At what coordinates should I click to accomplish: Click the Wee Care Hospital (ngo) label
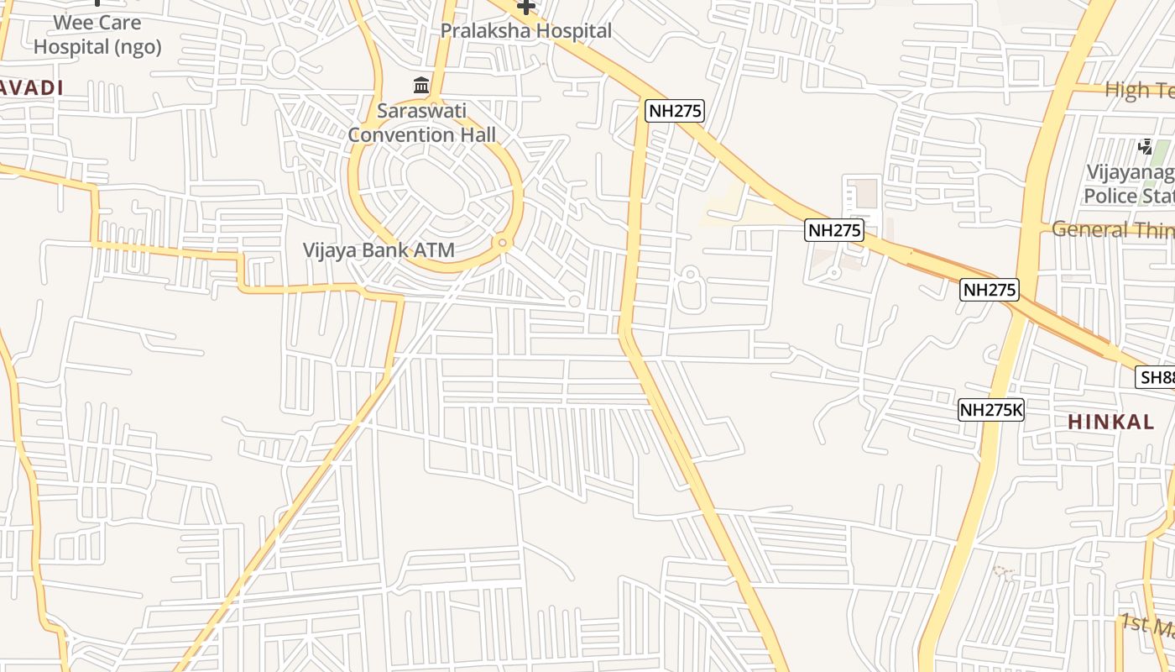(x=97, y=34)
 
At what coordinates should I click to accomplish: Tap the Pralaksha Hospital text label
(x=526, y=31)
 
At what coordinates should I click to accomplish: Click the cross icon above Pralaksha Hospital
(x=526, y=7)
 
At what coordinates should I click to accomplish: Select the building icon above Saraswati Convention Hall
(x=421, y=85)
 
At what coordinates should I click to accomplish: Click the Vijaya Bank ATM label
(x=379, y=249)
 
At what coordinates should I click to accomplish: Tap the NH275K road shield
(x=991, y=410)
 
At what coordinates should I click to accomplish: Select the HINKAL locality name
(x=1110, y=423)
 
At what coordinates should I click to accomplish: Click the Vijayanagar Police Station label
(x=1130, y=184)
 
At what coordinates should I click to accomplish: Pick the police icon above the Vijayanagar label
(x=1146, y=147)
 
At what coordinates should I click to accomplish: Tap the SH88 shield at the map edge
(x=1156, y=377)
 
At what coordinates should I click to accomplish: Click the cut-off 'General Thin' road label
(x=1112, y=228)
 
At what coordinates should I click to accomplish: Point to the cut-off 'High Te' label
(x=1139, y=89)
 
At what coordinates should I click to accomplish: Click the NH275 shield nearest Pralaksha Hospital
(x=674, y=110)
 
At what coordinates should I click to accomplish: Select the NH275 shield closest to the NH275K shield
(x=989, y=290)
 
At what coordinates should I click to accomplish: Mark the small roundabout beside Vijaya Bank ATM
(x=503, y=243)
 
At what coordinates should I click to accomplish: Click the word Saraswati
(x=421, y=111)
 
